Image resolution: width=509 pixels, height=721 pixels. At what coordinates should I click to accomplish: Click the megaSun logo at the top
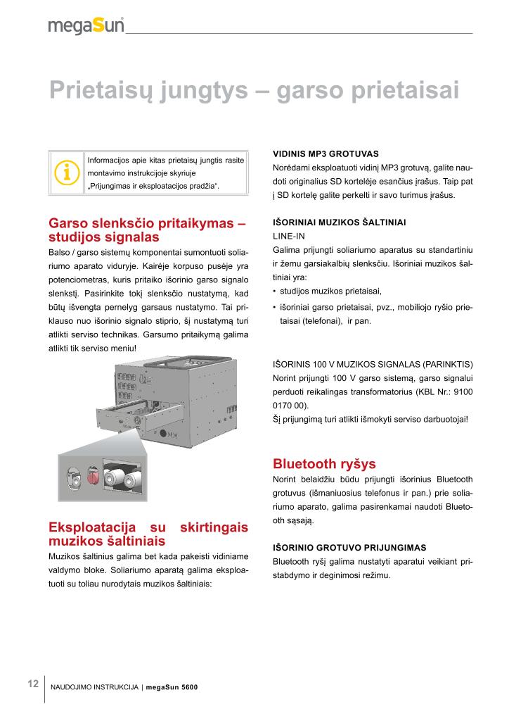(x=86, y=25)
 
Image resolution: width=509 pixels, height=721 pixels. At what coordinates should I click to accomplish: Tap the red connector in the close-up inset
(x=93, y=479)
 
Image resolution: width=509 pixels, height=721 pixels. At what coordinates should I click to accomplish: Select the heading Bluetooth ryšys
(x=324, y=464)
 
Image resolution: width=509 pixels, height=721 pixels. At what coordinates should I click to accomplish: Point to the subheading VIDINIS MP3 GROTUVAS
(x=325, y=153)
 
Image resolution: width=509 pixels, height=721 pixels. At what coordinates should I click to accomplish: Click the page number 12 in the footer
(x=32, y=684)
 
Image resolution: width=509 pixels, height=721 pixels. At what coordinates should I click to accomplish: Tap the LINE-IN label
(x=290, y=236)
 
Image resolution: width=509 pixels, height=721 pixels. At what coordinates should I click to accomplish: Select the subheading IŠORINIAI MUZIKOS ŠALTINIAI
(x=339, y=222)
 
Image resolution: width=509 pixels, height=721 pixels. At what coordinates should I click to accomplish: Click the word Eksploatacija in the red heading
(x=89, y=528)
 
